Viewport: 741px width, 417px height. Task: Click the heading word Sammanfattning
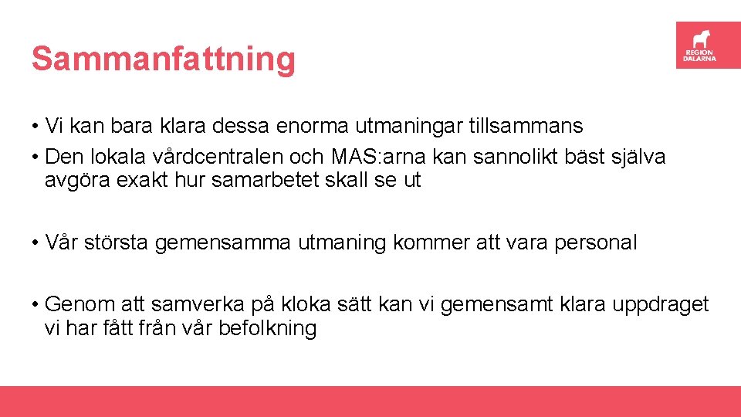[163, 59]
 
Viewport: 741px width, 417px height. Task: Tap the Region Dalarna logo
[708, 45]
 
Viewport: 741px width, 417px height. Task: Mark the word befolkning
[268, 328]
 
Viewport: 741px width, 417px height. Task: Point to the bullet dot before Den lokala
[36, 158]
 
